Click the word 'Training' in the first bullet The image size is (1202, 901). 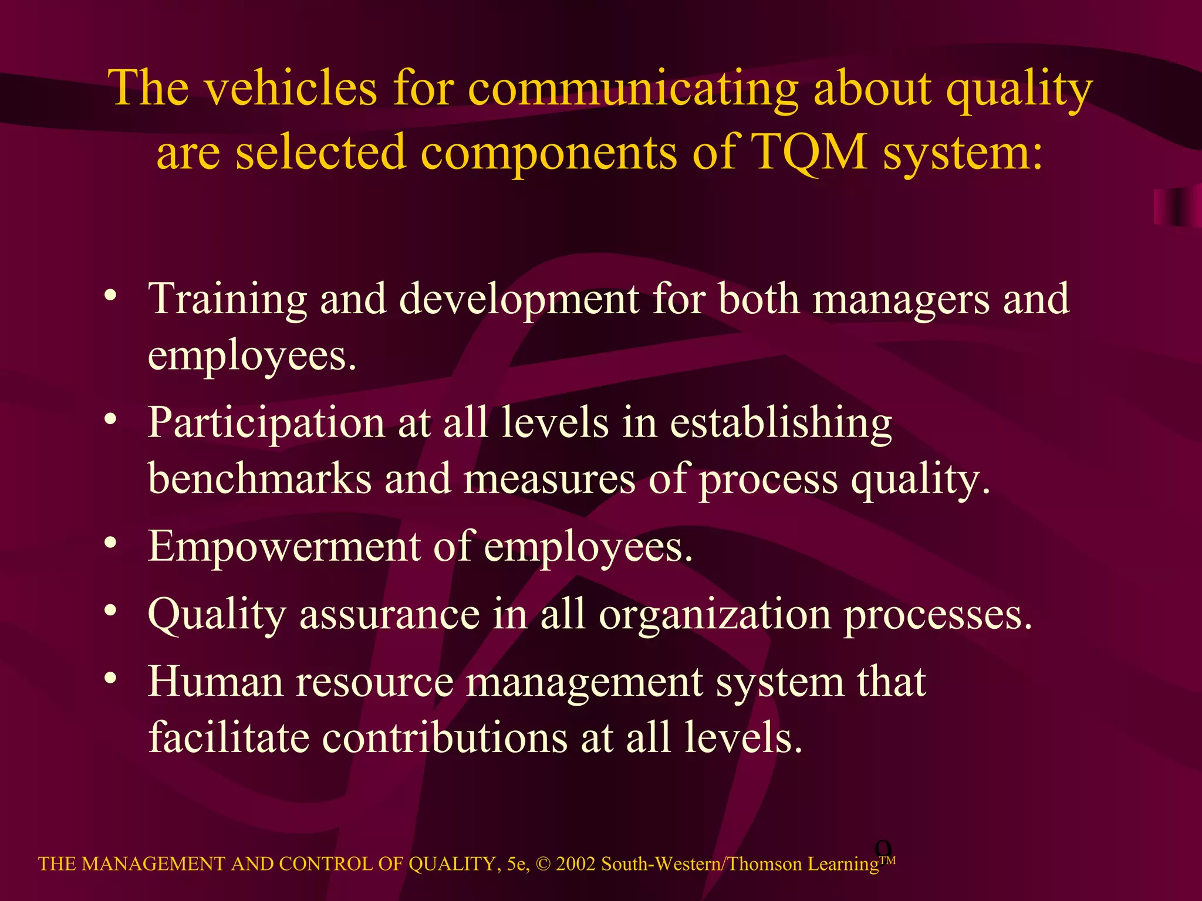click(x=227, y=300)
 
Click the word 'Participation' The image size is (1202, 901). click(x=266, y=424)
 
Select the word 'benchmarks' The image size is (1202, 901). click(x=259, y=479)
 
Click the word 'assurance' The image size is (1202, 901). click(x=390, y=615)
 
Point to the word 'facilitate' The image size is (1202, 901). click(x=228, y=737)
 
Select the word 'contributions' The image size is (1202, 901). click(x=445, y=737)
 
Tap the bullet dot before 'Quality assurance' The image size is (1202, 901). click(x=110, y=611)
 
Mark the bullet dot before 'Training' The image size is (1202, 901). click(x=110, y=295)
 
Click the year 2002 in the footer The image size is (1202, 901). click(x=576, y=864)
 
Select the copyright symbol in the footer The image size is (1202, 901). click(x=543, y=864)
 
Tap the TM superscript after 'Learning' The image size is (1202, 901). click(x=887, y=861)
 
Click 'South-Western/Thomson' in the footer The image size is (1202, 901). click(x=702, y=864)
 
